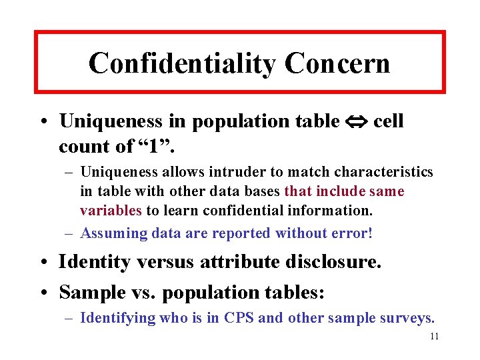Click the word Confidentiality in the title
182,63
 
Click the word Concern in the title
337,63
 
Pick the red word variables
111,211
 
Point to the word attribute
240,261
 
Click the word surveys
406,318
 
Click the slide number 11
434,337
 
